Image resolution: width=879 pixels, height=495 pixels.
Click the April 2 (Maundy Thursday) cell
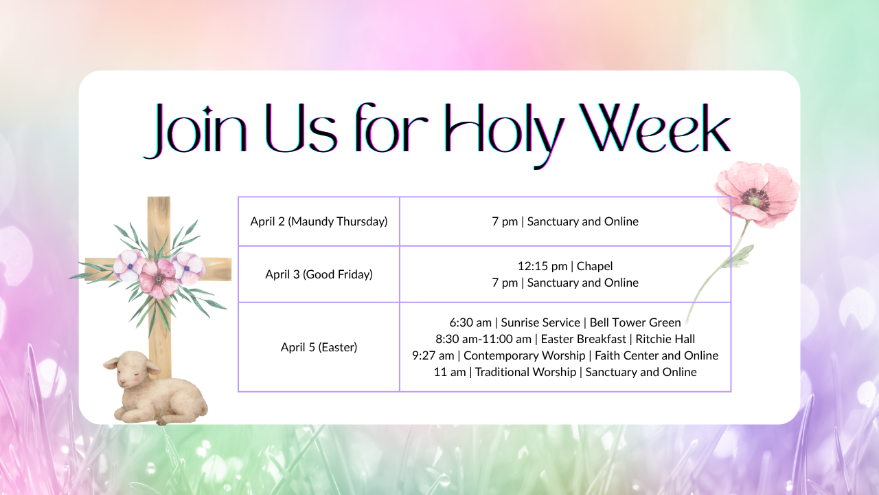click(319, 221)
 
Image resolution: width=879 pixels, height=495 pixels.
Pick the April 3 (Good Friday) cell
click(319, 274)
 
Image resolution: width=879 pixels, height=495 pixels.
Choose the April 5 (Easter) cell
click(319, 347)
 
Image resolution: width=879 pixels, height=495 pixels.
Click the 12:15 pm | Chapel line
click(564, 266)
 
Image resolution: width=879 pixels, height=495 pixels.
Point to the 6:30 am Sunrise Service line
click(564, 322)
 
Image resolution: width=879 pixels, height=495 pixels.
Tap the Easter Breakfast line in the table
click(564, 339)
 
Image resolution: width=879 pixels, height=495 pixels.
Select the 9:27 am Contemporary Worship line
click(564, 355)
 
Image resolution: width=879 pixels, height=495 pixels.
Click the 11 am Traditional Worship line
click(564, 372)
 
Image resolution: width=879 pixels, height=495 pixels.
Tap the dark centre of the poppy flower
click(755, 198)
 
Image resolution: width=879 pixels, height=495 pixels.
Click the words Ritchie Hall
click(665, 339)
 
